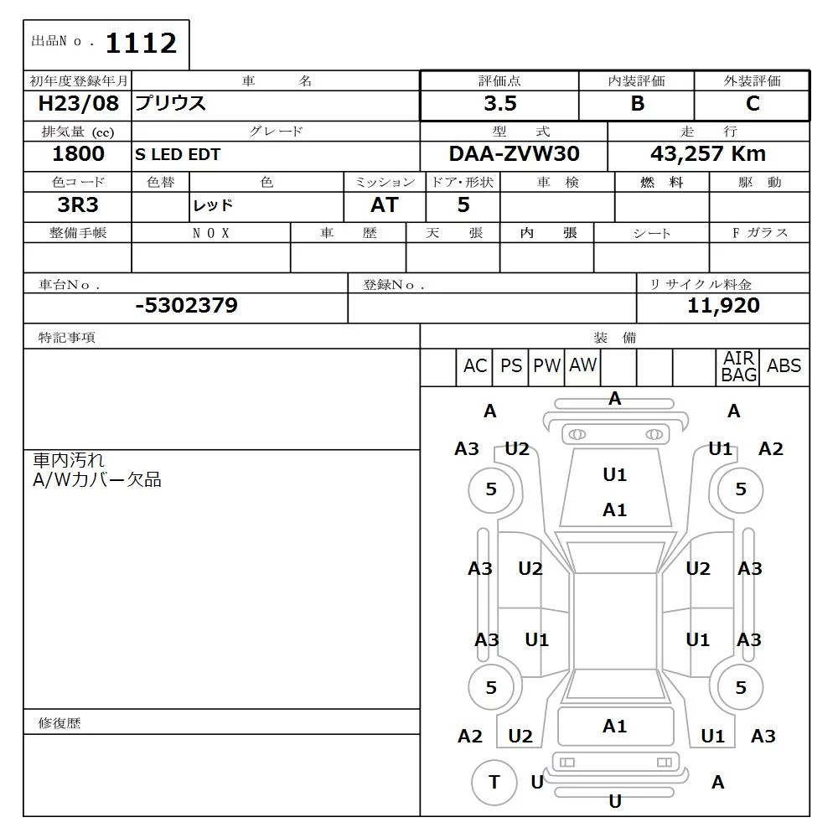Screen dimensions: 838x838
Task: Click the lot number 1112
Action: coord(140,44)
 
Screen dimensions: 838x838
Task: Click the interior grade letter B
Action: coord(637,104)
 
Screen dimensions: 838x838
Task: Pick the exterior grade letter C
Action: coord(752,104)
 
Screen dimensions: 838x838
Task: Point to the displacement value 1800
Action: coord(78,154)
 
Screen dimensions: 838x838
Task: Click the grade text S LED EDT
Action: coord(177,155)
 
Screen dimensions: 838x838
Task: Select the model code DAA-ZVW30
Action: coord(514,154)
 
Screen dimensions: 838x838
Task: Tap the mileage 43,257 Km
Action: coord(708,154)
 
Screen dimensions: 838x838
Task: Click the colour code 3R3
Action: coord(78,205)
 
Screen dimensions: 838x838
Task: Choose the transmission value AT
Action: coord(384,205)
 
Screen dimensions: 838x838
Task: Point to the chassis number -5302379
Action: coord(186,306)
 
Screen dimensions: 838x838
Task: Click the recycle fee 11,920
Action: coord(723,306)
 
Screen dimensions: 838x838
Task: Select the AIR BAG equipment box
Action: coord(738,367)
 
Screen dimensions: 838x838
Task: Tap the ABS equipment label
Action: coord(784,366)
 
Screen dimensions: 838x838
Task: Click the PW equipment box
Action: coord(546,366)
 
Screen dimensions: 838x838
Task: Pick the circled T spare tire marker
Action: coord(494,783)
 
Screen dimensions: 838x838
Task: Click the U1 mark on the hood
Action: coord(614,475)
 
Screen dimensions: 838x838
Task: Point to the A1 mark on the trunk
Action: coord(614,727)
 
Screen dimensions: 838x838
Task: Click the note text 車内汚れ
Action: coord(69,460)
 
